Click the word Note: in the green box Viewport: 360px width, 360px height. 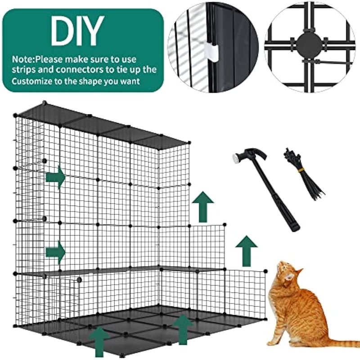pos(23,59)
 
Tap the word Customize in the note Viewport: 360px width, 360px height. pos(32,81)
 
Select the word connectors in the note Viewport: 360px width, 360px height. pos(70,69)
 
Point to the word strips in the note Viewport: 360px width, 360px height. pos(23,70)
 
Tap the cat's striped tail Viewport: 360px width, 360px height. pos(339,343)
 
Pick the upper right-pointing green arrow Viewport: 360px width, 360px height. pos(55,177)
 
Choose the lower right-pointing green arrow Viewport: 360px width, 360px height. pos(55,252)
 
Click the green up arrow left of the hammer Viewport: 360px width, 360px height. pos(203,207)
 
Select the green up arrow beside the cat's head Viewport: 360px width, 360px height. pos(247,251)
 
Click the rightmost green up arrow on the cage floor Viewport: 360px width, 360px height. pos(183,329)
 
